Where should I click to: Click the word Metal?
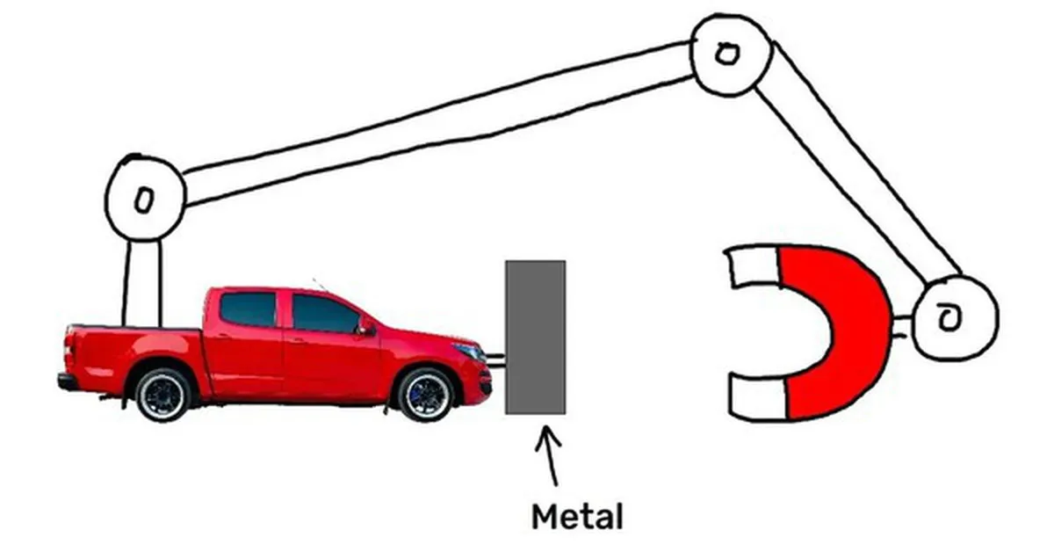pos(577,517)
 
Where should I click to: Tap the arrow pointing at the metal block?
pos(550,455)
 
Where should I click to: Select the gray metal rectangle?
pos(536,338)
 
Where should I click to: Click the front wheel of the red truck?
pos(426,395)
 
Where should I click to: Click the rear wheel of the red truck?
pos(162,395)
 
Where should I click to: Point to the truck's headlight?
pos(470,351)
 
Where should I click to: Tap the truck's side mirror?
pos(366,326)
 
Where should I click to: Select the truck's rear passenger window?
pos(248,309)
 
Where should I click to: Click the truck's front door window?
pos(325,313)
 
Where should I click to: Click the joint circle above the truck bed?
pos(145,199)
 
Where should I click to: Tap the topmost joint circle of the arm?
pos(730,54)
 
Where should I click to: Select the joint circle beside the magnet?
pos(954,318)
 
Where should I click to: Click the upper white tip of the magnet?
pos(753,266)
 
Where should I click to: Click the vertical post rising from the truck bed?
pos(142,283)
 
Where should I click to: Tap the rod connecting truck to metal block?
pos(495,360)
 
